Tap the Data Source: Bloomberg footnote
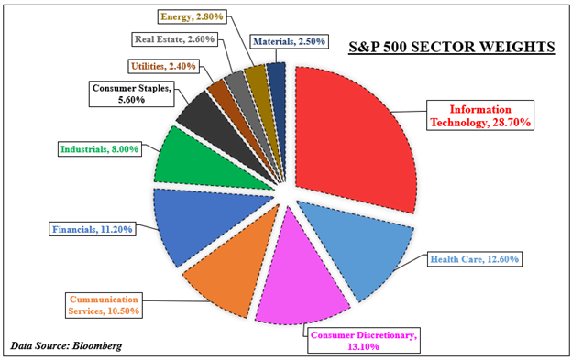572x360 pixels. click(66, 345)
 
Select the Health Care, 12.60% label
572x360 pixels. click(475, 259)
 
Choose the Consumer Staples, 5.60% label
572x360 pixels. click(129, 93)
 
